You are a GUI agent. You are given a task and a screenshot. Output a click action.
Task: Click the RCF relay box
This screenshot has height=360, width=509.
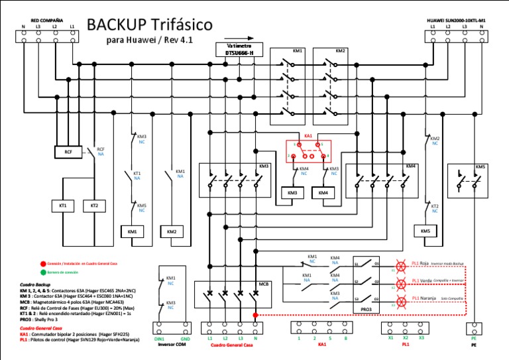click(x=68, y=152)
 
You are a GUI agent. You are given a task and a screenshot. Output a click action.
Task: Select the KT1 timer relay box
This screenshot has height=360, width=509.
click(x=63, y=206)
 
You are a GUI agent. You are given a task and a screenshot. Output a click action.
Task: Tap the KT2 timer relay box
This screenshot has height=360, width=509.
click(x=94, y=206)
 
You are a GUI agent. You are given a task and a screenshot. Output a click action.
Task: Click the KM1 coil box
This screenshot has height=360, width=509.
click(x=132, y=231)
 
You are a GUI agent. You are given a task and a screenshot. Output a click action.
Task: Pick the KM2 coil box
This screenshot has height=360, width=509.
click(x=172, y=231)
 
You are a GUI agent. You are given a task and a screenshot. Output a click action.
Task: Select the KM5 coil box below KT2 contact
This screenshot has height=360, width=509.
click(x=425, y=231)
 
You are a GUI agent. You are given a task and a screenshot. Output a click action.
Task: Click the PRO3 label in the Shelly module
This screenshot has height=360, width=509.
click(x=366, y=309)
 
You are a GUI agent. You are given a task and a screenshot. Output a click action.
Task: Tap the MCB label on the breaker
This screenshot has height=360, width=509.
click(x=264, y=285)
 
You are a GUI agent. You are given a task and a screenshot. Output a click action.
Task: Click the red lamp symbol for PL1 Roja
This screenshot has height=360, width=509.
click(x=400, y=264)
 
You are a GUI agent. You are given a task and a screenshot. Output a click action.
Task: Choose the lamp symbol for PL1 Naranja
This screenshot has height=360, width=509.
click(x=400, y=302)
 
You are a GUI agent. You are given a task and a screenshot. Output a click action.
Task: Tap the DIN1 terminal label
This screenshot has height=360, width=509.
click(x=159, y=339)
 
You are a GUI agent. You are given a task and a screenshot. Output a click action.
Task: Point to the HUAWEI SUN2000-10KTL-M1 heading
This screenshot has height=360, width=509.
click(x=458, y=20)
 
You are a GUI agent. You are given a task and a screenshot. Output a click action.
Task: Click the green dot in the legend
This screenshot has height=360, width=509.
click(x=42, y=271)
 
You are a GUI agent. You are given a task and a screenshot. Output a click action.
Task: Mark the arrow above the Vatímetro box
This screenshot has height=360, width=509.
click(x=243, y=38)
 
